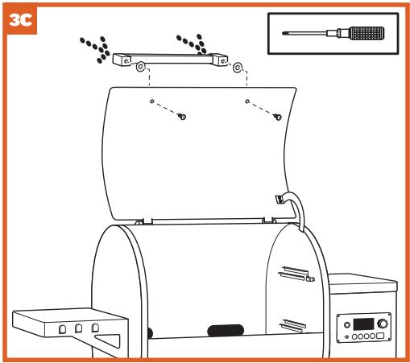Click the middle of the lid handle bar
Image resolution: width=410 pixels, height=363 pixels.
coord(176,58)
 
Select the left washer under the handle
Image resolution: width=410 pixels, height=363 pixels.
coord(140,67)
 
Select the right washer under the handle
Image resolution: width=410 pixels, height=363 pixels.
coord(237,67)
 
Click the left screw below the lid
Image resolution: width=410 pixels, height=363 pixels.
coord(182,118)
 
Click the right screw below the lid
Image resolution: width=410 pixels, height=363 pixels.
coord(277,118)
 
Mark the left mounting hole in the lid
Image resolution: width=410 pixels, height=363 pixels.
coord(151,101)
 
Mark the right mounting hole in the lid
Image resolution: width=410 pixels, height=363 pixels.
coord(246,101)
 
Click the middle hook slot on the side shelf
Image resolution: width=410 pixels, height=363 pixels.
coord(78,328)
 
